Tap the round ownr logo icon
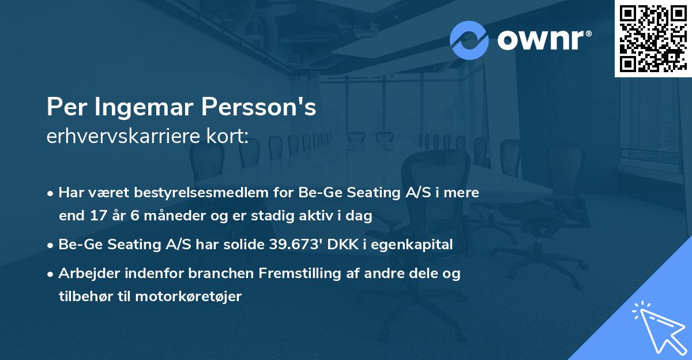point(469,40)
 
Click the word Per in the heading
point(61,108)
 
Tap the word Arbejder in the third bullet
point(86,273)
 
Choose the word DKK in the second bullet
point(343,245)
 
